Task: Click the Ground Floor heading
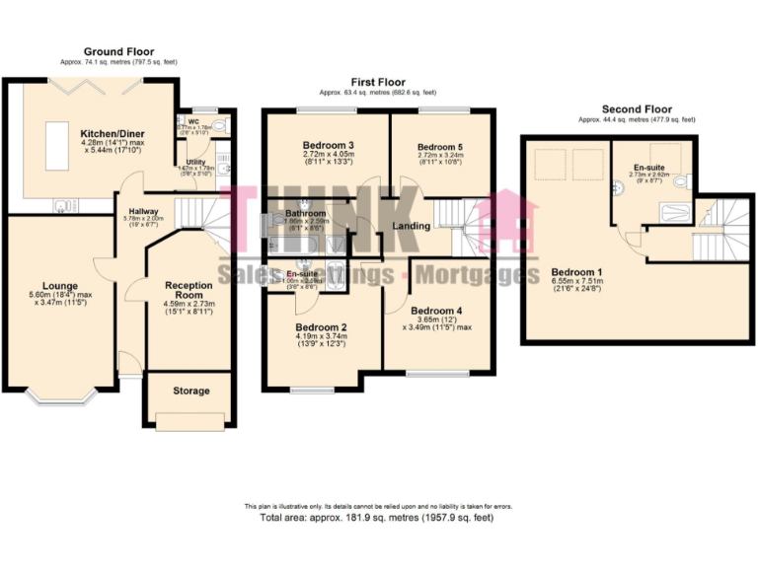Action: point(117,51)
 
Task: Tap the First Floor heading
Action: point(378,82)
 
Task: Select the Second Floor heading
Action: point(637,109)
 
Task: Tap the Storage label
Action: point(191,390)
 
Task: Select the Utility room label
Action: point(194,161)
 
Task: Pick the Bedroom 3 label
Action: point(328,146)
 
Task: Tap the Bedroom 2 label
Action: point(321,326)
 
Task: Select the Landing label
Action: point(412,226)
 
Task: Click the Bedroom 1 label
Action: point(576,272)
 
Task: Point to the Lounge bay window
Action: point(49,397)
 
